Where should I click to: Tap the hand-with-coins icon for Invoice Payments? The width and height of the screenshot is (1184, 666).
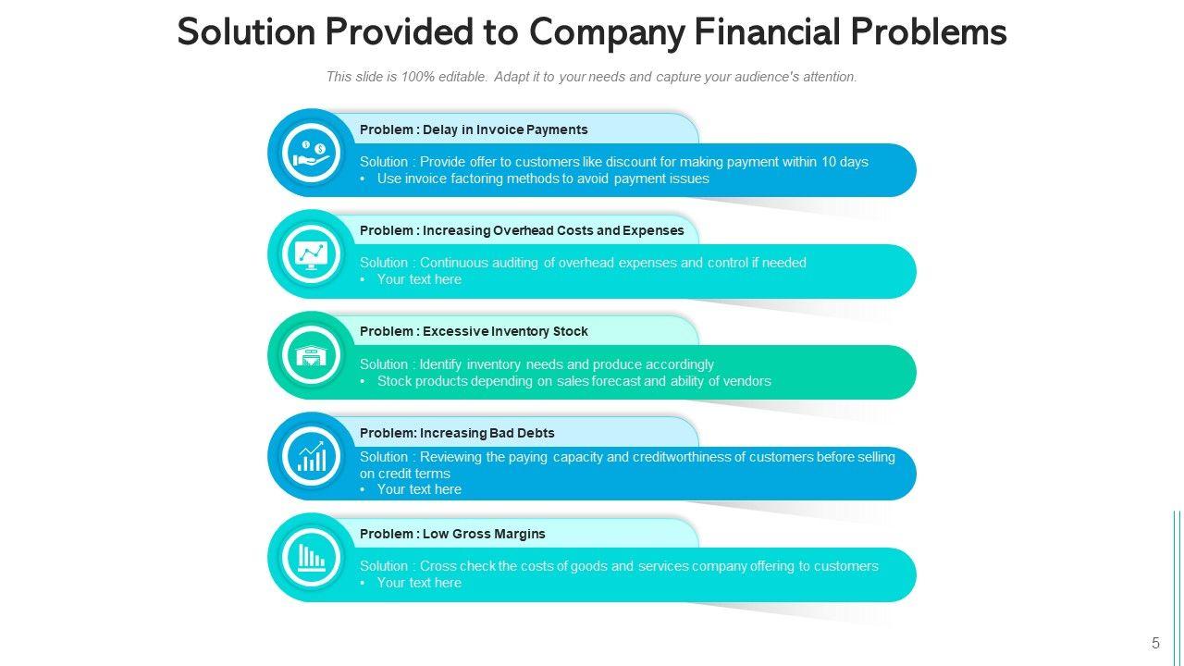311,152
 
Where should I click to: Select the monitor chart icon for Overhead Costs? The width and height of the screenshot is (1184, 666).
311,253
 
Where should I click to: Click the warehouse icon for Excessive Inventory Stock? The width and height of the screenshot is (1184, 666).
311,355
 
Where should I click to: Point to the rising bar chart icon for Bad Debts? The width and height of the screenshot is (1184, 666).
311,456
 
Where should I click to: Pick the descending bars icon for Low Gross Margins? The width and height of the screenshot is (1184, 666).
311,557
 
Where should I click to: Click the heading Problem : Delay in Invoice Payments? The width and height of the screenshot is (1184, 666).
474,129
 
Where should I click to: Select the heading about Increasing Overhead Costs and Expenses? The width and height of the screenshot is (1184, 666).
522,230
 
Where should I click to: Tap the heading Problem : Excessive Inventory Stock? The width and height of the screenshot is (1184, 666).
474,331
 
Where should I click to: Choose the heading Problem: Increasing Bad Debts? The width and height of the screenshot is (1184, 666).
457,433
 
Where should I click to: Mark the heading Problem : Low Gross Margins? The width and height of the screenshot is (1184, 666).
452,534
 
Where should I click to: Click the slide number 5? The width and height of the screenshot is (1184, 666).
1155,644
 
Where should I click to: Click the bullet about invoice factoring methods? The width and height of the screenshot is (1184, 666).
543,179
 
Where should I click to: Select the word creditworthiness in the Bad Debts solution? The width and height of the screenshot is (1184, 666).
682,457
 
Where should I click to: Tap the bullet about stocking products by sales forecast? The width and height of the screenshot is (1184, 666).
573,381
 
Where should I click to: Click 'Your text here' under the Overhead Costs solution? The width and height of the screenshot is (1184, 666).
419,279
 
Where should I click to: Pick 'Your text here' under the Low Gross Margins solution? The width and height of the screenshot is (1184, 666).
419,583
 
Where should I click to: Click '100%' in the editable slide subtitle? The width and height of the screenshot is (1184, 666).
417,77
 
